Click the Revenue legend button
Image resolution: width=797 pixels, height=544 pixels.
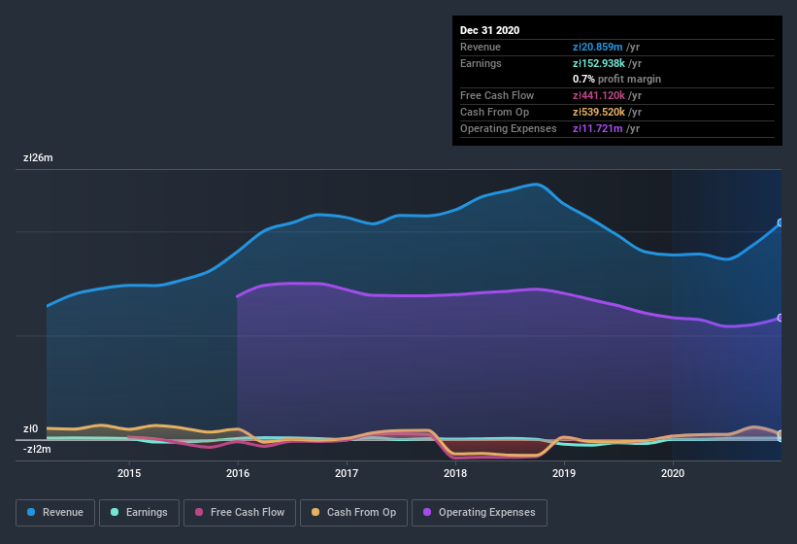click(55, 512)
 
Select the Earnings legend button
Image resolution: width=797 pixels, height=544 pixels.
click(138, 512)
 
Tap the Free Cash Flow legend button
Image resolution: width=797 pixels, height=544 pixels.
click(240, 512)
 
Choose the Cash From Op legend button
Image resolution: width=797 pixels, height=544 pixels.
click(353, 512)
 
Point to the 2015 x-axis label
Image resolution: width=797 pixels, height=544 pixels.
click(129, 473)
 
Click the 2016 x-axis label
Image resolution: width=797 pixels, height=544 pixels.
click(238, 473)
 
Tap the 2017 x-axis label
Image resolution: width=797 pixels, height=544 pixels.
click(347, 473)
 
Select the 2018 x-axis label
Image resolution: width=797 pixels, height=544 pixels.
click(455, 473)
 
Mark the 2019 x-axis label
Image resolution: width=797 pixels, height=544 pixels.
click(564, 473)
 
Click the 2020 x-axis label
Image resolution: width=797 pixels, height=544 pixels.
click(673, 473)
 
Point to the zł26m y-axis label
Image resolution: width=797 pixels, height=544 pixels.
click(38, 157)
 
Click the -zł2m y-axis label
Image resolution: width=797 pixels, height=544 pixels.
click(38, 449)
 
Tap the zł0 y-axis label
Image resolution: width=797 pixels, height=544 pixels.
click(30, 428)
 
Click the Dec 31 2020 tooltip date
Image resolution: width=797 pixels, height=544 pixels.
click(489, 30)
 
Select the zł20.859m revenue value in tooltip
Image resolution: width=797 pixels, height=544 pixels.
click(598, 47)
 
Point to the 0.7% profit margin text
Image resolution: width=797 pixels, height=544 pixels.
click(616, 79)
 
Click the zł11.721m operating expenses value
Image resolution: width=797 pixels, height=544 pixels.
click(598, 128)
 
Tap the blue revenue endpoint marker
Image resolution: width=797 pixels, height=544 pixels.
click(780, 222)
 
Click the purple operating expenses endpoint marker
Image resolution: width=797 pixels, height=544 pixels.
click(780, 318)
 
